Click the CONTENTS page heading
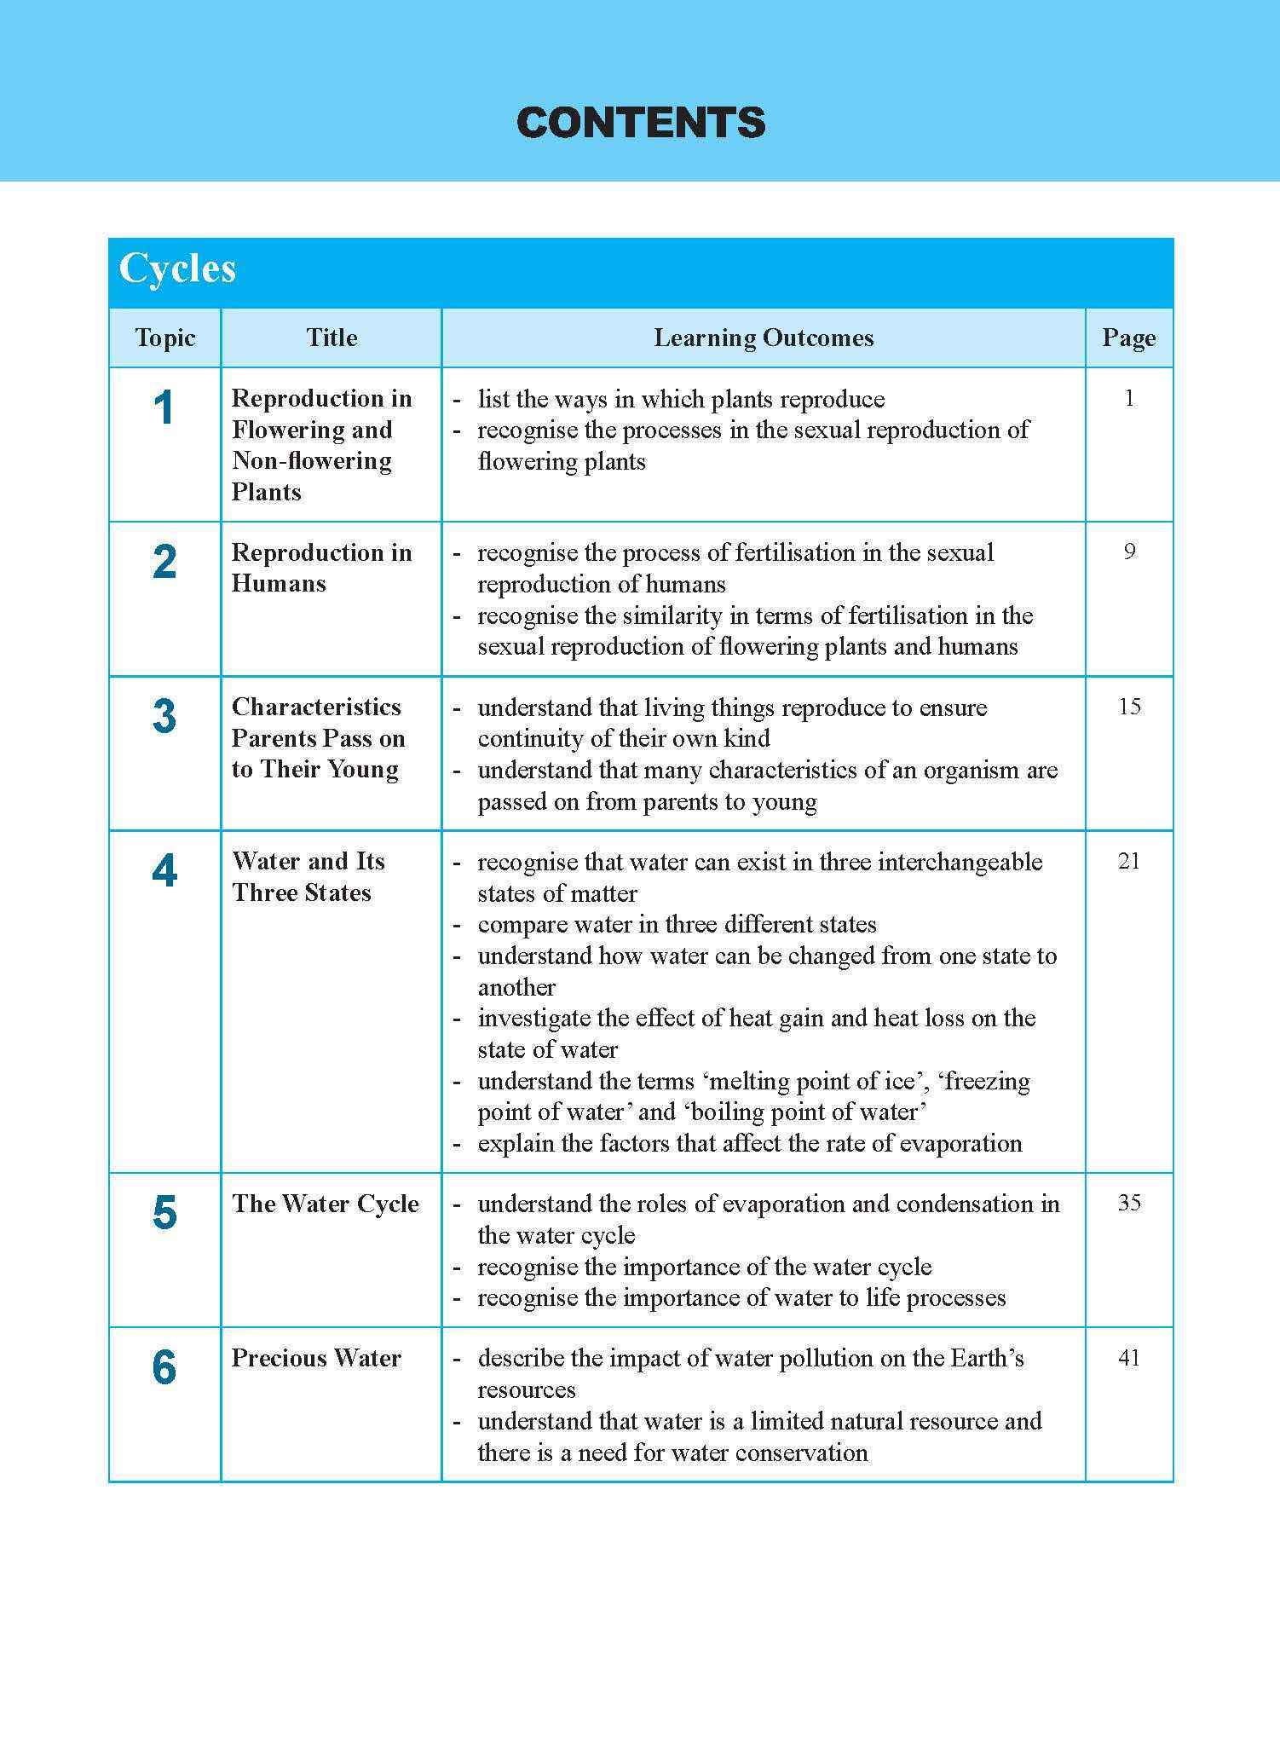(640, 123)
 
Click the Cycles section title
(177, 269)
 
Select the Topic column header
(164, 338)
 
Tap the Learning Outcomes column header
(764, 338)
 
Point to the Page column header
(1128, 338)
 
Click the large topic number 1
(164, 407)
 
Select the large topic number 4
(164, 871)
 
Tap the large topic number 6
(164, 1368)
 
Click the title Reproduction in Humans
(321, 568)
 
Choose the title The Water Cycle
(326, 1204)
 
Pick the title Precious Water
(316, 1358)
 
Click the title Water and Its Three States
(308, 877)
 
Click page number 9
(1129, 552)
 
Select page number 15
(1129, 707)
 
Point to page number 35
(1129, 1203)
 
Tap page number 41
(1129, 1358)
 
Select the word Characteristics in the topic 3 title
(316, 707)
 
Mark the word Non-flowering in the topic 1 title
(312, 461)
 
